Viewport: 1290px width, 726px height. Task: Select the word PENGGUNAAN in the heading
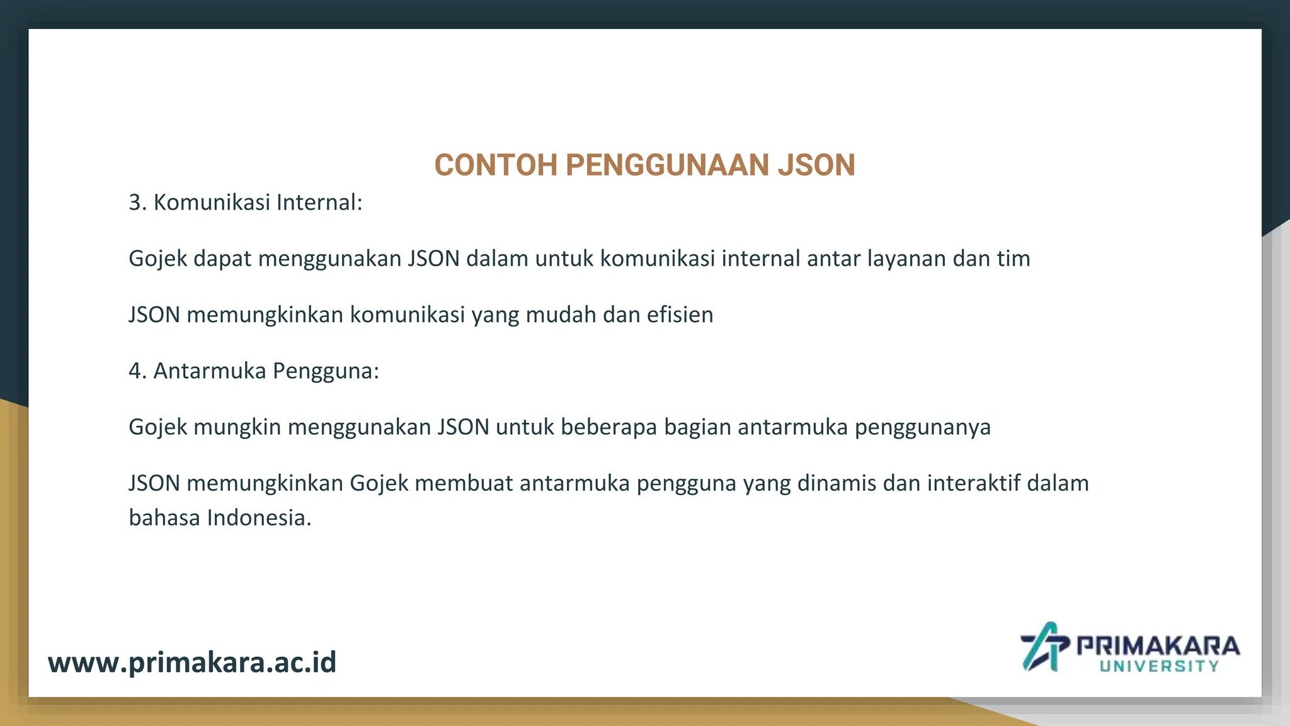tap(667, 165)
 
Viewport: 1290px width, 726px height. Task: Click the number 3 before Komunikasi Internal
tap(136, 203)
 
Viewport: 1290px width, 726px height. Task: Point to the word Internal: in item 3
tap(319, 203)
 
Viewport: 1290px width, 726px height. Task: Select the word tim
tap(1013, 259)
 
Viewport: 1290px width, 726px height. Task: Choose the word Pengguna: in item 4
tap(326, 371)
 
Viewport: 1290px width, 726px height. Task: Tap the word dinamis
tap(836, 483)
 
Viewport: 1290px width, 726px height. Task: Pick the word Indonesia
tap(259, 518)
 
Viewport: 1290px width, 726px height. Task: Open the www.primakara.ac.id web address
tap(192, 662)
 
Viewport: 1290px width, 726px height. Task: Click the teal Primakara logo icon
tap(1044, 647)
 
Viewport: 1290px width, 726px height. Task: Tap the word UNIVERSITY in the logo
tap(1159, 667)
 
